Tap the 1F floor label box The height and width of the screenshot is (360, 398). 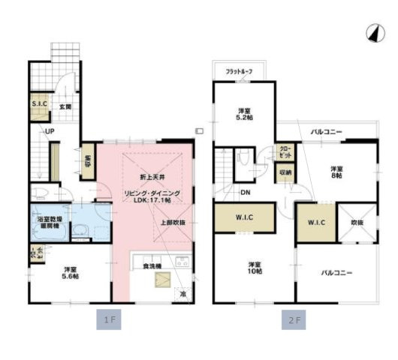[109, 320]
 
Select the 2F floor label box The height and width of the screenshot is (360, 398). [292, 320]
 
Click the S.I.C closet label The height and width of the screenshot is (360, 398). [39, 105]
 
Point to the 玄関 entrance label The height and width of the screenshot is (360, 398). [65, 107]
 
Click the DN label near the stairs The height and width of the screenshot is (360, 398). [246, 192]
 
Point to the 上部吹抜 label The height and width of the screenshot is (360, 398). [172, 223]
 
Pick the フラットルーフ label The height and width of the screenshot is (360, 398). [240, 71]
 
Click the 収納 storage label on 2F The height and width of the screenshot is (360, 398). [285, 172]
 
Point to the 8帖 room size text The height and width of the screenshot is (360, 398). [336, 175]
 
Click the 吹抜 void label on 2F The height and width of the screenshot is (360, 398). [357, 223]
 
